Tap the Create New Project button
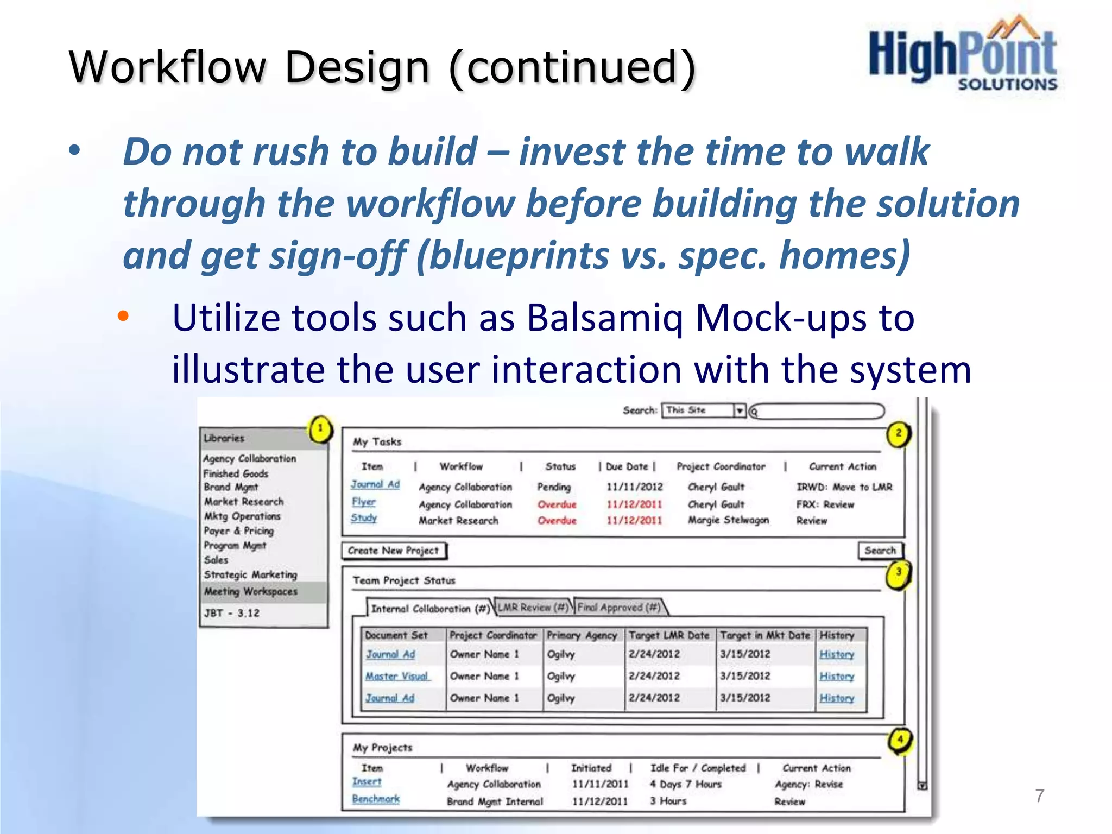tap(393, 551)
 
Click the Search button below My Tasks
tap(880, 551)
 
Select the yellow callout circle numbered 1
tap(320, 429)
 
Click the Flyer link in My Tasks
tap(363, 502)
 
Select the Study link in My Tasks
tap(363, 518)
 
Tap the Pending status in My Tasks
tap(554, 487)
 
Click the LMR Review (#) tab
tap(533, 608)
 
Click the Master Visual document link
tap(397, 677)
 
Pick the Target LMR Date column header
tap(669, 635)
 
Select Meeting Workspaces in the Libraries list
tap(250, 591)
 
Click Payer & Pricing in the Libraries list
tap(238, 531)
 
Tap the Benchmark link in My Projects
tap(375, 799)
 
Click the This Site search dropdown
tap(704, 410)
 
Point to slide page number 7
tap(1039, 795)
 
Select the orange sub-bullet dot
tap(124, 316)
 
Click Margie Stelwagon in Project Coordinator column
tap(728, 520)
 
